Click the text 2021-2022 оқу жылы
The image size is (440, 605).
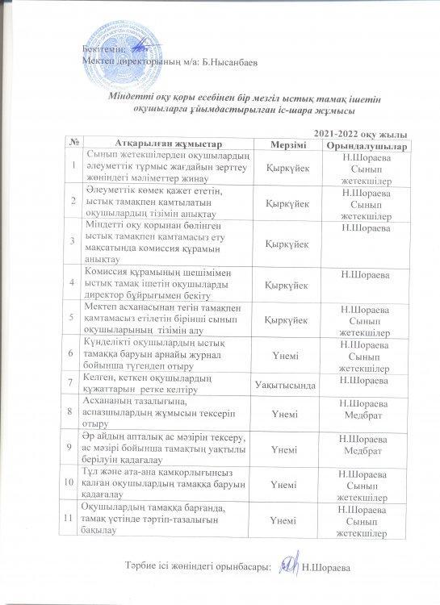358,132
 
